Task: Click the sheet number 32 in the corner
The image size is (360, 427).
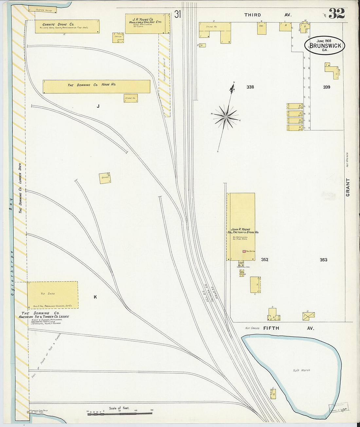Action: (336, 13)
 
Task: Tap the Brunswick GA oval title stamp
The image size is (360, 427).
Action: (325, 45)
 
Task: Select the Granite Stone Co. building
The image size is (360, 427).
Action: (67, 27)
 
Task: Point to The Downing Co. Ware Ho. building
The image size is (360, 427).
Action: (96, 86)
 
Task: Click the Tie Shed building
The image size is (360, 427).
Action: (52, 295)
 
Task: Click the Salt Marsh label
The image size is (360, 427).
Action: (301, 370)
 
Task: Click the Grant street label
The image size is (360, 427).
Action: (348, 187)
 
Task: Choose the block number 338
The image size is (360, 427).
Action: (250, 87)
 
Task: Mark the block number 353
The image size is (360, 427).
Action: (323, 260)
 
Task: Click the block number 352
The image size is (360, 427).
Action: (264, 260)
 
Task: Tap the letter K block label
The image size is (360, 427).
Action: (95, 297)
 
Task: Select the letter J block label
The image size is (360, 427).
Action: (98, 106)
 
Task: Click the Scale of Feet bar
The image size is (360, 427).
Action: (120, 414)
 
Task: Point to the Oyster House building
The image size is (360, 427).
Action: (42, 9)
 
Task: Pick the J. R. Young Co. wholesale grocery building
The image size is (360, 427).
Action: (147, 24)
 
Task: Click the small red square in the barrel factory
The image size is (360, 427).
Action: (244, 251)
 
